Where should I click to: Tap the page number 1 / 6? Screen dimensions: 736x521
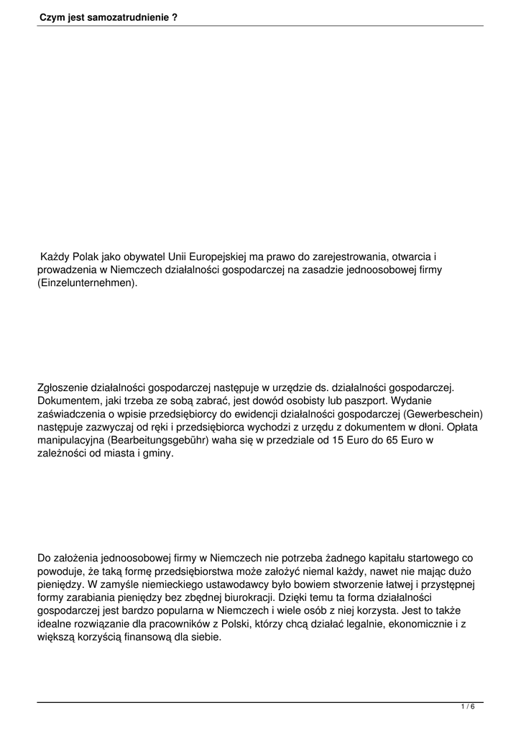(468, 707)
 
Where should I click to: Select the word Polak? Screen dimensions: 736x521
(86, 257)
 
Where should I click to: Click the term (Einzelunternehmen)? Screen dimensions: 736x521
(87, 283)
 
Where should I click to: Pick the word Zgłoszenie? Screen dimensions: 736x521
(67, 388)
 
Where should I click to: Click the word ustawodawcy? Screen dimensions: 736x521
(211, 585)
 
